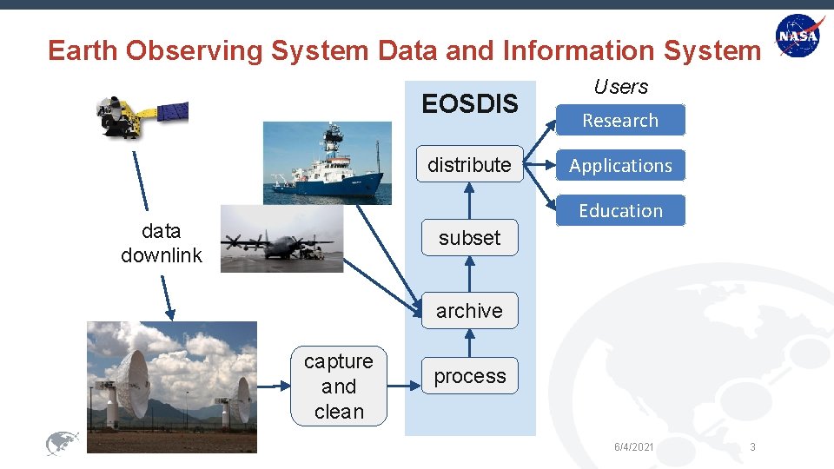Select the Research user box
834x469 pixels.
(620, 121)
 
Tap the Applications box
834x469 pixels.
(620, 165)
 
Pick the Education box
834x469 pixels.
(620, 210)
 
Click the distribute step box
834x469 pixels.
(469, 164)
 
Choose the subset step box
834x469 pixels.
(469, 237)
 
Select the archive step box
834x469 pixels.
(469, 310)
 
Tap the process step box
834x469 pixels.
(469, 376)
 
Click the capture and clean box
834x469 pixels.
(339, 386)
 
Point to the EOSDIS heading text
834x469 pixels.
(469, 104)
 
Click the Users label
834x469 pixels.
(620, 87)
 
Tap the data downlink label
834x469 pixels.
(162, 243)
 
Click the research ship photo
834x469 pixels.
(322, 162)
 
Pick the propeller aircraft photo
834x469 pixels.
(281, 239)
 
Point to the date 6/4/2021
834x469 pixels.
(633, 446)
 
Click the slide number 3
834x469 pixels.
(752, 446)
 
